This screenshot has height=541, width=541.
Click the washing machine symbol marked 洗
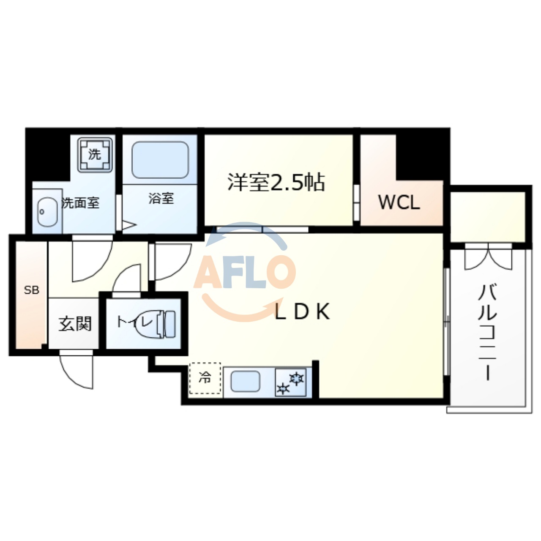[x=95, y=154]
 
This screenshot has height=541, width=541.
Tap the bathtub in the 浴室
[x=160, y=160]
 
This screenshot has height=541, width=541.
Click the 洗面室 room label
[x=81, y=203]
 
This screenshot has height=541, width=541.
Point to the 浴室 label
[x=161, y=198]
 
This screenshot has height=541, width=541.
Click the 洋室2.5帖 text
[x=276, y=183]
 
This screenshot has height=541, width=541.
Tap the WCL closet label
[x=399, y=203]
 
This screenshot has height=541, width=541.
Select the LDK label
[x=302, y=312]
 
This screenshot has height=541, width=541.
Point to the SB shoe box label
[x=31, y=290]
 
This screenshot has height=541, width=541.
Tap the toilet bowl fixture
[x=166, y=324]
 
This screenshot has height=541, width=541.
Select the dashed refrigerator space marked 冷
[x=205, y=378]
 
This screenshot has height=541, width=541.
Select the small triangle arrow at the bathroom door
[x=128, y=225]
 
